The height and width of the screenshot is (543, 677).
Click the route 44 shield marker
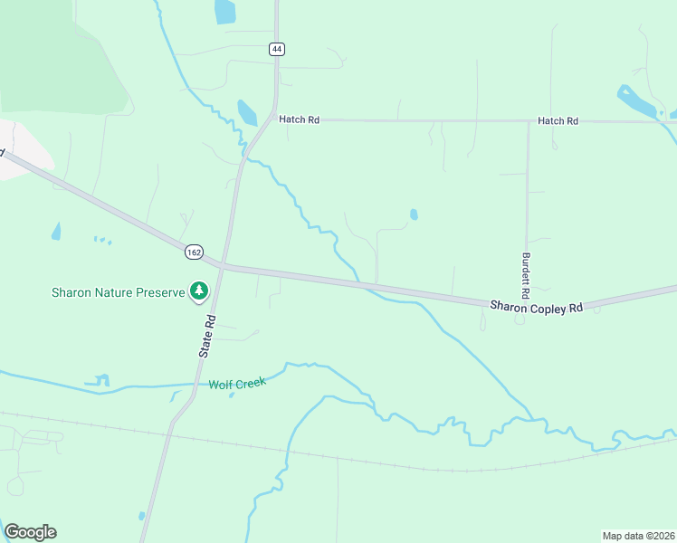pos(276,49)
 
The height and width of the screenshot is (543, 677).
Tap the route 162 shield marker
pos(194,252)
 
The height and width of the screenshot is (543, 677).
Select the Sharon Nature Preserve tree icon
pos(198,291)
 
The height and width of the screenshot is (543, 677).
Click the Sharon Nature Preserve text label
pos(117,292)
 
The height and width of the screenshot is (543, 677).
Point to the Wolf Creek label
pos(237,384)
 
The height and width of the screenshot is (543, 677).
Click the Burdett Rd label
pos(525,276)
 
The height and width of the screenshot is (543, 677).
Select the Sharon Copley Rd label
pos(536,308)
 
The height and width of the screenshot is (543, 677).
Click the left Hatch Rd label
pos(300,119)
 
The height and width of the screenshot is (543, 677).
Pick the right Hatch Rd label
pos(558,120)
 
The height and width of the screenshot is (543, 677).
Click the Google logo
pos(30,532)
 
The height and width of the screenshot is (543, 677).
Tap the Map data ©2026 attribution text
pos(639,535)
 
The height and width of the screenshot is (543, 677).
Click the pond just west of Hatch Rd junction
pos(246,112)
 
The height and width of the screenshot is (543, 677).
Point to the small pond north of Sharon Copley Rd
pos(414,214)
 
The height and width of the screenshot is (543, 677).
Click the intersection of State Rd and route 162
pos(223,265)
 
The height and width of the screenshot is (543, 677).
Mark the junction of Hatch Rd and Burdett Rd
pos(528,121)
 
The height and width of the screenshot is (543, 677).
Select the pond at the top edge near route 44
pos(224,12)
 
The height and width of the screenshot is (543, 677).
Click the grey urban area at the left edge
pos(23,149)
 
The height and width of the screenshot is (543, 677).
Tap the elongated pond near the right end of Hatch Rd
pos(639,103)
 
